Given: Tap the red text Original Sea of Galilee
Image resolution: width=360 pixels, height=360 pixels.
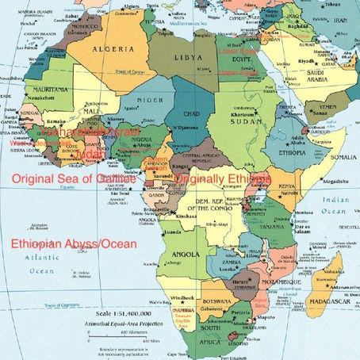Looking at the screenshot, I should click(x=74, y=180).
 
